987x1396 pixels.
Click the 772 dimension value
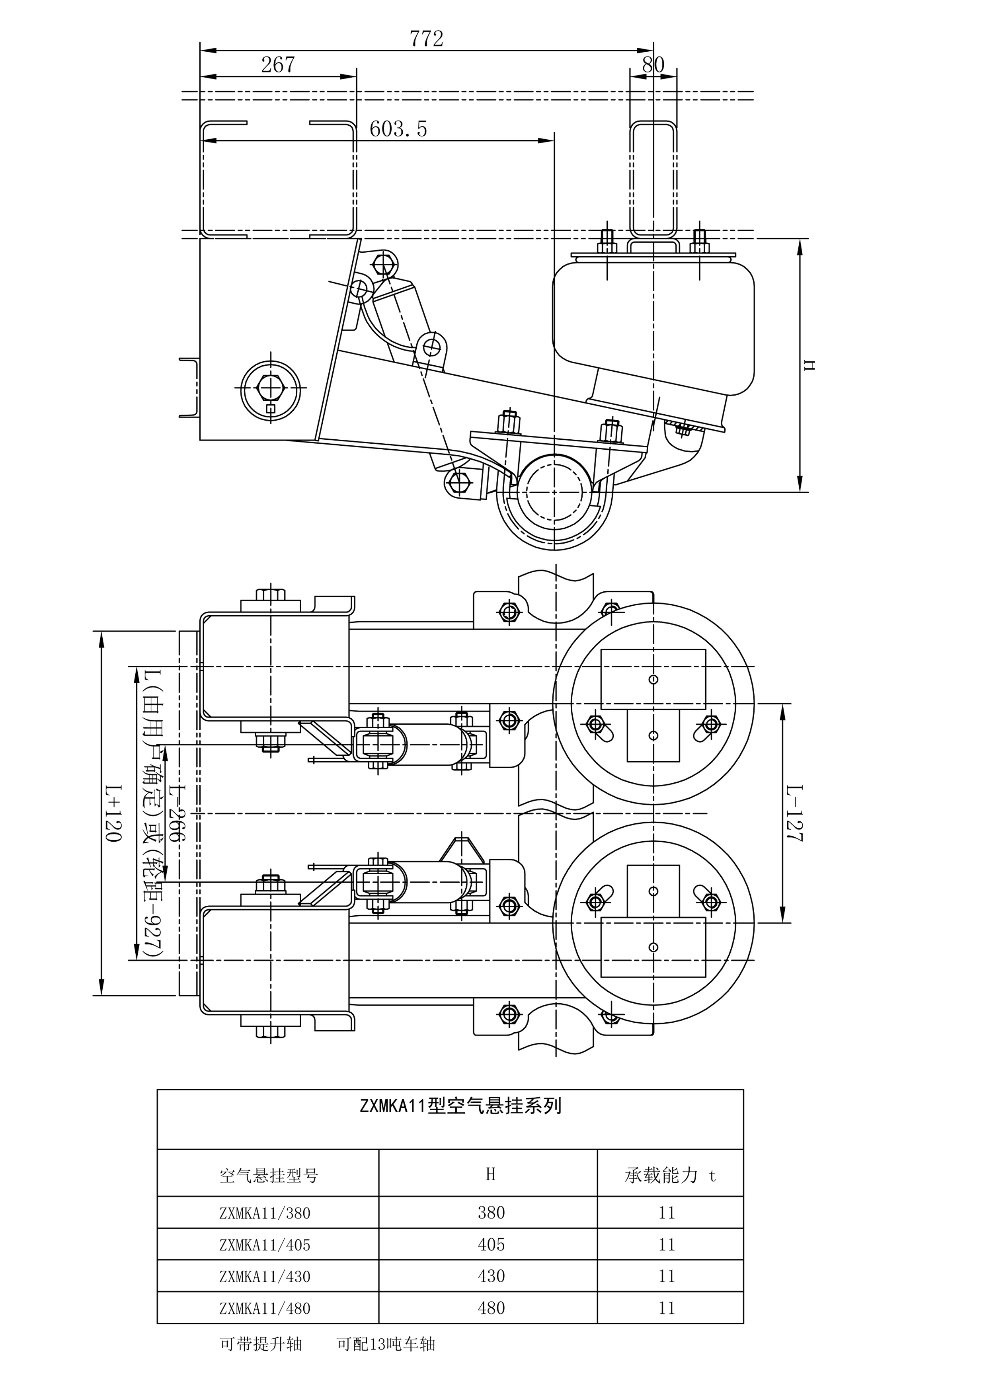[x=426, y=39]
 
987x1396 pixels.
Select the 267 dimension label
[x=278, y=64]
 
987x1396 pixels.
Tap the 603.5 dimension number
[x=398, y=129]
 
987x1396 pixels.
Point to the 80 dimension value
[x=653, y=64]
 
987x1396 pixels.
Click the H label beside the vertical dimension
[x=809, y=365]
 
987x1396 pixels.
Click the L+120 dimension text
[x=114, y=813]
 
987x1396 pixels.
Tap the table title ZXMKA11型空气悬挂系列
[x=460, y=1105]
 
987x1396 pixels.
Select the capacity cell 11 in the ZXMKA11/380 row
[x=667, y=1213]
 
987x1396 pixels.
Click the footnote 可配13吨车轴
[x=386, y=1344]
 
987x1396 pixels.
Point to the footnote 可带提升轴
[x=261, y=1344]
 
